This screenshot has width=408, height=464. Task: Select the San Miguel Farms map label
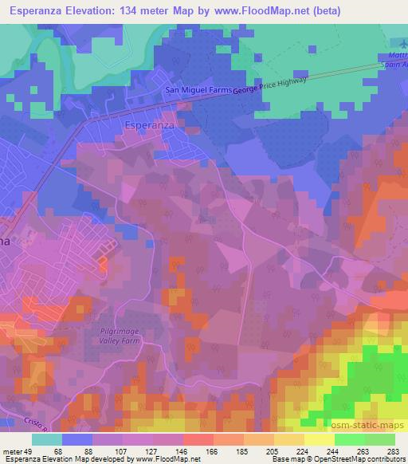[x=198, y=90]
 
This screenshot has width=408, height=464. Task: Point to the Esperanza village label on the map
[x=151, y=124]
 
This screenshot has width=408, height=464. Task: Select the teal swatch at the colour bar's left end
[x=47, y=439]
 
